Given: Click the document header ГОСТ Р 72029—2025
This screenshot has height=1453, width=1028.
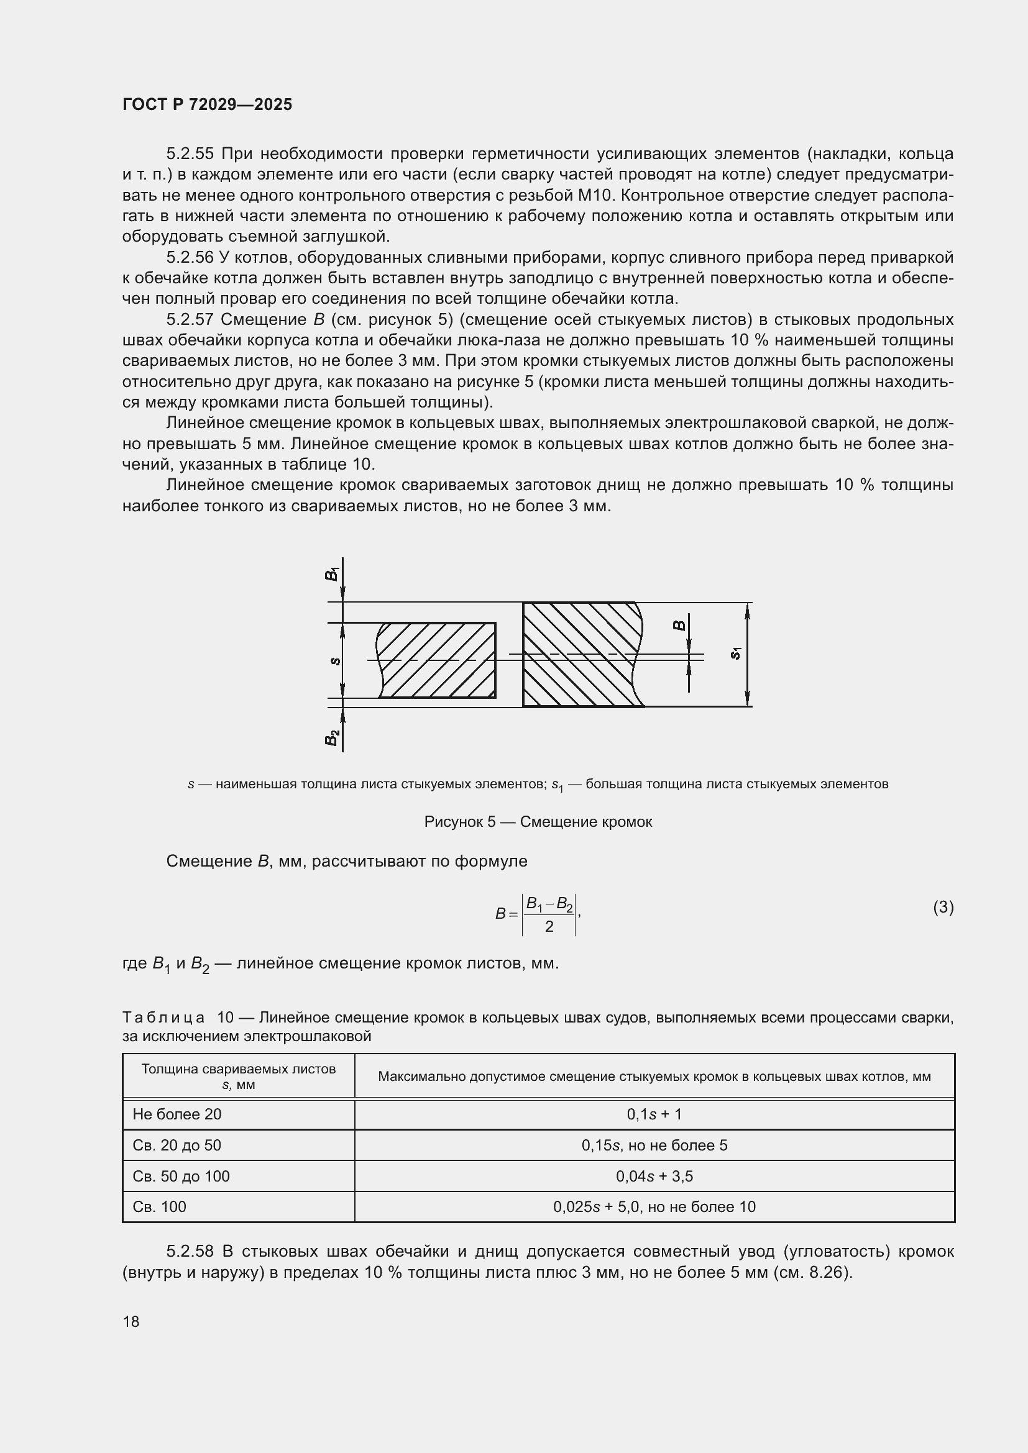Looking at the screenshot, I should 207,104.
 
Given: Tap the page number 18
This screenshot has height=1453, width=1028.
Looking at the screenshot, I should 131,1321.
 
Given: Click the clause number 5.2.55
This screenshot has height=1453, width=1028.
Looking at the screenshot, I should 190,154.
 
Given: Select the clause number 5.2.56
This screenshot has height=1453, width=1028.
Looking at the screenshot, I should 190,258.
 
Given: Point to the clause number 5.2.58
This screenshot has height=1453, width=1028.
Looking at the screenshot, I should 190,1251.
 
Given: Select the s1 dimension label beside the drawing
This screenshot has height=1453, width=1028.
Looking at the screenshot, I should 735,653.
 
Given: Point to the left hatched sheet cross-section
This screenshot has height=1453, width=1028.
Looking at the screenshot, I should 437,660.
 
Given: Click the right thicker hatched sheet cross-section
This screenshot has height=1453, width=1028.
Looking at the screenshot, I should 579,654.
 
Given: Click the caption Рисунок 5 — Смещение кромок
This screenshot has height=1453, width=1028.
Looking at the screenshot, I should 538,822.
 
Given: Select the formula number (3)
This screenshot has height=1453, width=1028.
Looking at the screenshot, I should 943,908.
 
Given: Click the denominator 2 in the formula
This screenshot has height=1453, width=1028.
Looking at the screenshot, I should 549,926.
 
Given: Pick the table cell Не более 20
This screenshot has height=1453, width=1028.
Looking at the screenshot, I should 177,1114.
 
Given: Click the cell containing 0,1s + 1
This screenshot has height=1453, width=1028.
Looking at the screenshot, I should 654,1114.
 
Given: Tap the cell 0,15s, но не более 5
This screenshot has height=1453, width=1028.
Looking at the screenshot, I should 654,1145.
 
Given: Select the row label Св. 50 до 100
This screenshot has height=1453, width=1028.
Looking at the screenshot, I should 181,1176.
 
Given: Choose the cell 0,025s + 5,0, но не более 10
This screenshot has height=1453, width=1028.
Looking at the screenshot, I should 654,1206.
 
